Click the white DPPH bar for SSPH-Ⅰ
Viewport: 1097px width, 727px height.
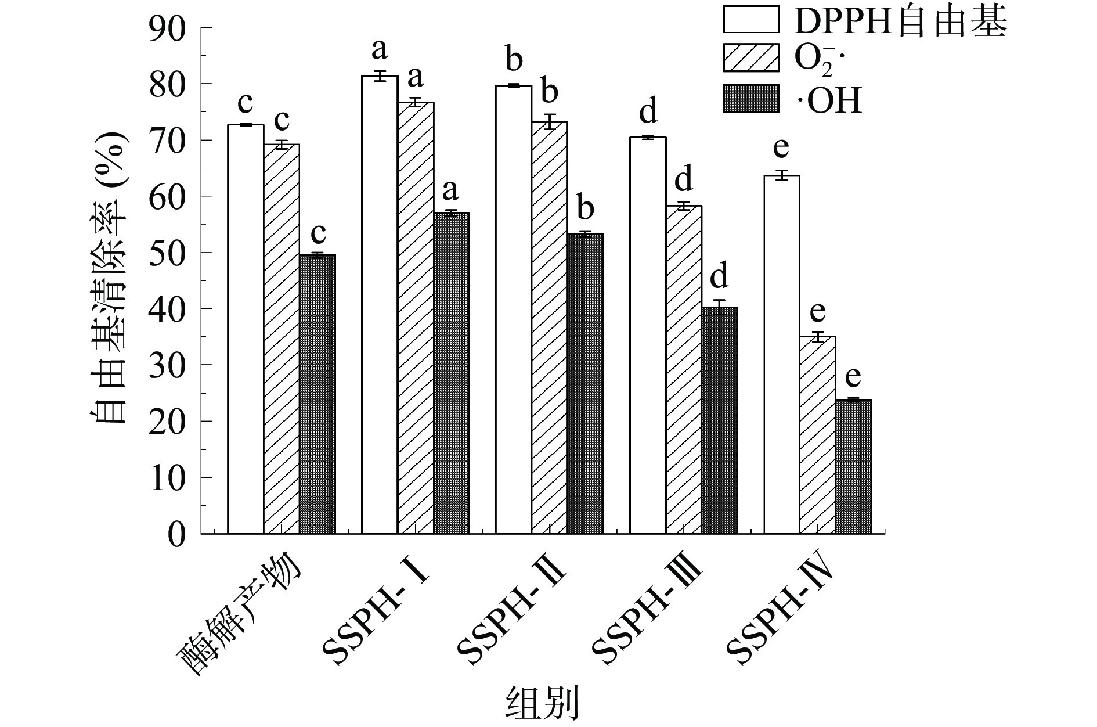pyautogui.click(x=380, y=305)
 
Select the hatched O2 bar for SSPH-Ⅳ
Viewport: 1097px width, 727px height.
pyautogui.click(x=817, y=435)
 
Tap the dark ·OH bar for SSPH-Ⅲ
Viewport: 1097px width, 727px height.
pyautogui.click(x=719, y=421)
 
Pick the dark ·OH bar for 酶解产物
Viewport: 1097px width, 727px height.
pyautogui.click(x=317, y=394)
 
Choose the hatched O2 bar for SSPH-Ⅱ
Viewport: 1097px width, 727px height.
pyautogui.click(x=550, y=328)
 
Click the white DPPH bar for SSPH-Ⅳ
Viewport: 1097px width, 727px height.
pyautogui.click(x=781, y=354)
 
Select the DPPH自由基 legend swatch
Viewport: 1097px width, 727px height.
pyautogui.click(x=750, y=19)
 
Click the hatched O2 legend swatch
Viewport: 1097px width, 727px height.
pyautogui.click(x=750, y=57)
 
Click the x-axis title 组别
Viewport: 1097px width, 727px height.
pyautogui.click(x=543, y=702)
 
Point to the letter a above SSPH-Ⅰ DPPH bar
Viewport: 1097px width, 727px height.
pyautogui.click(x=379, y=50)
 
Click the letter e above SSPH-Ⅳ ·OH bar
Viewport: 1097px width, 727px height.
pyautogui.click(x=853, y=377)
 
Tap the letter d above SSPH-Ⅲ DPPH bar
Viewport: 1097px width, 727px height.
pyautogui.click(x=648, y=111)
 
